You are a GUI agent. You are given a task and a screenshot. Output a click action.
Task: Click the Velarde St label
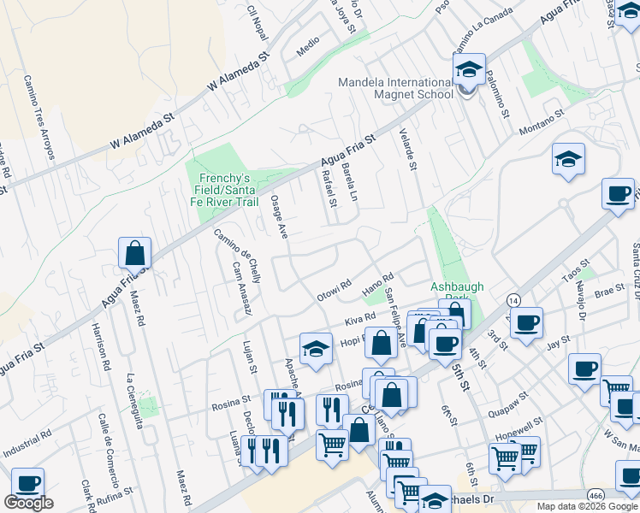407,150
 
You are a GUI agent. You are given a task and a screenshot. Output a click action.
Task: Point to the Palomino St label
498,99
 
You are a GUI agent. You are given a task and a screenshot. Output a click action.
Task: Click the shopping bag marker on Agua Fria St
135,254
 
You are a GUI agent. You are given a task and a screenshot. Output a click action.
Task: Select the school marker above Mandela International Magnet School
469,68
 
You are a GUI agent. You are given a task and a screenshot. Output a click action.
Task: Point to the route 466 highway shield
596,495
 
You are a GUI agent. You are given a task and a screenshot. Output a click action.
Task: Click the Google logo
29,503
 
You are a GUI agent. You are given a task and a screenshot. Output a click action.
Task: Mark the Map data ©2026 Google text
586,506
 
